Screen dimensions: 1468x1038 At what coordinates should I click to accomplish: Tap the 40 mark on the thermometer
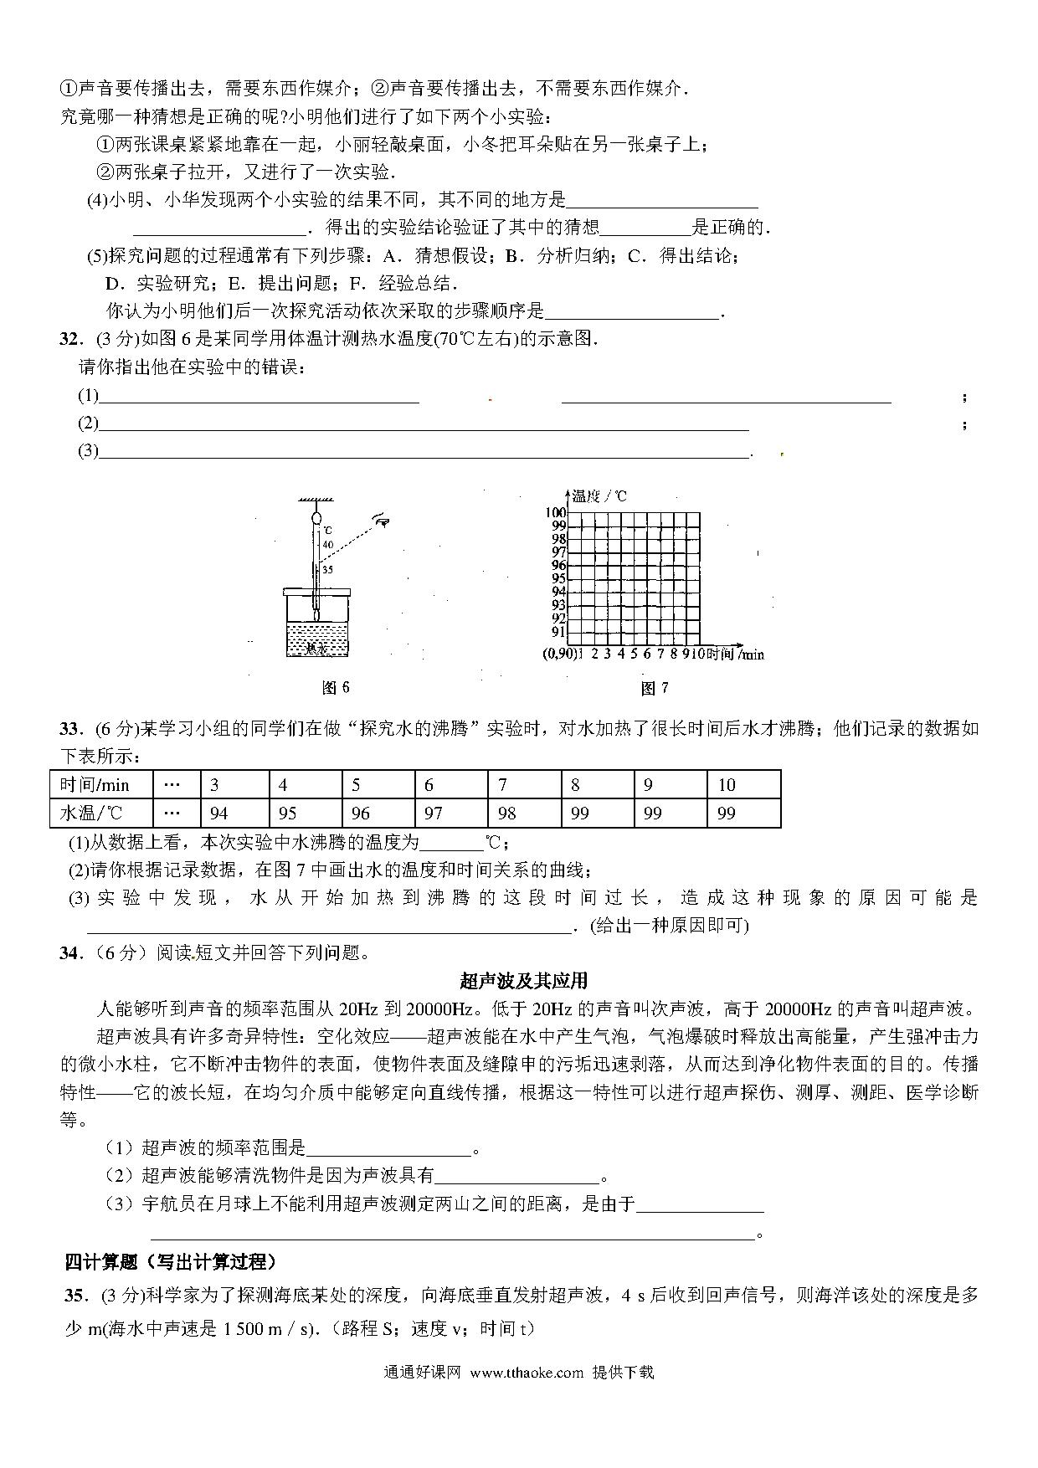pos(328,545)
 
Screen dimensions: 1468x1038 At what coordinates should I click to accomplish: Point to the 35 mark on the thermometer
pos(328,570)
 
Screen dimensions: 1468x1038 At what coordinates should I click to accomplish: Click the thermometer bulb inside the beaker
pos(316,613)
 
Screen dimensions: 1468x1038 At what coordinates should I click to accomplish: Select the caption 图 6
pos(336,687)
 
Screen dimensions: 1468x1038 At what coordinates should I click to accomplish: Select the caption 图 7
pos(654,688)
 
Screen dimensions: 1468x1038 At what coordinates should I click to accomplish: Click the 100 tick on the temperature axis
pos(555,512)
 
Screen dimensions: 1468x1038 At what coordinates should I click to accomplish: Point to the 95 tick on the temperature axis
pos(558,578)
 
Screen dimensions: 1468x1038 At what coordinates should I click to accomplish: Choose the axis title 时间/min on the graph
pos(736,654)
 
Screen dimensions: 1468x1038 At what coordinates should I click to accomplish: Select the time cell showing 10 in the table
pos(726,785)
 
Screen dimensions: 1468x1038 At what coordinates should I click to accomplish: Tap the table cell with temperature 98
pos(507,813)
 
